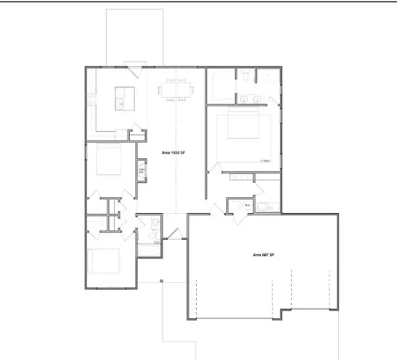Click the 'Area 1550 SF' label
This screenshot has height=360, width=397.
tap(174, 154)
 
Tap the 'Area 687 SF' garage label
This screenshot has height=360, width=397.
tap(263, 255)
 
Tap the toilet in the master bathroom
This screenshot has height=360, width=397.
tap(244, 77)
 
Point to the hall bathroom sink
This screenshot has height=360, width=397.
tap(156, 223)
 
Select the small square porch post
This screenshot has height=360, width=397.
tap(161, 280)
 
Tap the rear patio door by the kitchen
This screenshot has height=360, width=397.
tap(134, 66)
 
